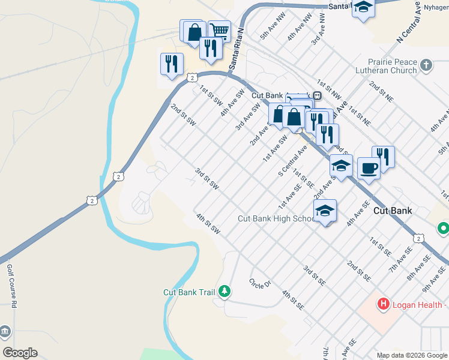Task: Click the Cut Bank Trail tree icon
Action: click(224, 292)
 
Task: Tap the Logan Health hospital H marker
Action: click(383, 305)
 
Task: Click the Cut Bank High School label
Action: click(275, 218)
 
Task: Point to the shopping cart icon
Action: click(220, 29)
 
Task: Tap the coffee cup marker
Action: click(367, 167)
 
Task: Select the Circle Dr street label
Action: click(261, 283)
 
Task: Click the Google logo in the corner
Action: click(20, 353)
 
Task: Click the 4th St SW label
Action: click(208, 223)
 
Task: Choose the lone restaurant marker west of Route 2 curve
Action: click(171, 62)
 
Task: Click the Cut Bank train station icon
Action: click(316, 95)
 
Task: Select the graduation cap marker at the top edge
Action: click(363, 7)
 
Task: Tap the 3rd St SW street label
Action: click(206, 179)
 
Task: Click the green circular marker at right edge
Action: click(444, 228)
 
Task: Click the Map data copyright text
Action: click(411, 355)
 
